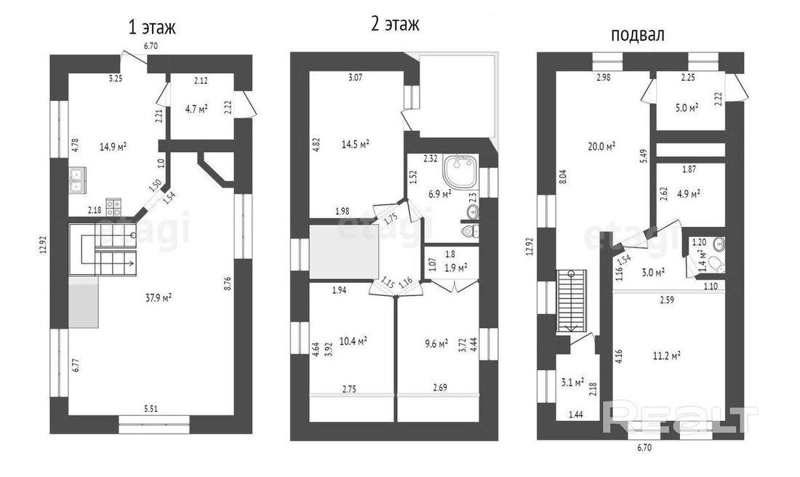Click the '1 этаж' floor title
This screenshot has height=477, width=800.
pos(152,27)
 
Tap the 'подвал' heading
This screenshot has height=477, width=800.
pos(637,34)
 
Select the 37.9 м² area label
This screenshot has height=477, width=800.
pos(158,297)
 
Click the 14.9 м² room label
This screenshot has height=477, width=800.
pos(113,147)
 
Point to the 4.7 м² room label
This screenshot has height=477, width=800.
pos(196,108)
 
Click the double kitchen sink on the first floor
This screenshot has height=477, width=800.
pos(77,180)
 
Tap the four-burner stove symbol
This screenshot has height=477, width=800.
pos(113,206)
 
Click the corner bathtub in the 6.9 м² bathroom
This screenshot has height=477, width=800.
pos(460,172)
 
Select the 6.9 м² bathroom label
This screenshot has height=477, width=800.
pos(440,194)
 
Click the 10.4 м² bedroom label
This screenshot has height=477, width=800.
pos(353,341)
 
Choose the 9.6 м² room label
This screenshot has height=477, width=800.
pos(436,343)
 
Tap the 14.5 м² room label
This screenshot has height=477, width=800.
pos(356,145)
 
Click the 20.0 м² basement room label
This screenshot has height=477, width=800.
pos(601,146)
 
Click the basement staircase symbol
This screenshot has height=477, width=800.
pos(574,301)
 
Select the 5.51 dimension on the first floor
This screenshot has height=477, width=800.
pos(151,408)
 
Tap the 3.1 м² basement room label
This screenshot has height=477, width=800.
pos(573,382)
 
